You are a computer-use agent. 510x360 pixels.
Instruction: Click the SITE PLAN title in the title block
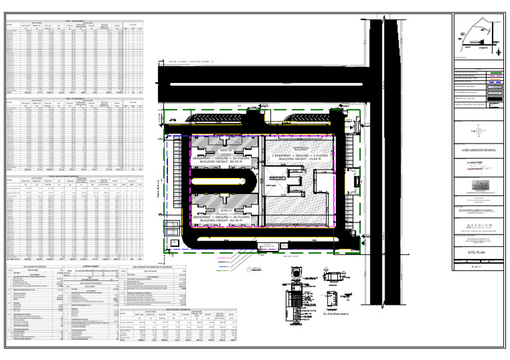point(477,254)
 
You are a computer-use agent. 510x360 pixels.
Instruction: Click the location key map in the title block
point(477,38)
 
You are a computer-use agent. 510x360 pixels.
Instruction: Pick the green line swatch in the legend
point(495,72)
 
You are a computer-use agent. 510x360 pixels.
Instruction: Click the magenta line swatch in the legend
point(495,79)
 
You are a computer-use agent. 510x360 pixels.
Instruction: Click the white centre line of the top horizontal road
point(266,87)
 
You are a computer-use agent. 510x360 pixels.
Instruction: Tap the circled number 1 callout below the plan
point(248,269)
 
